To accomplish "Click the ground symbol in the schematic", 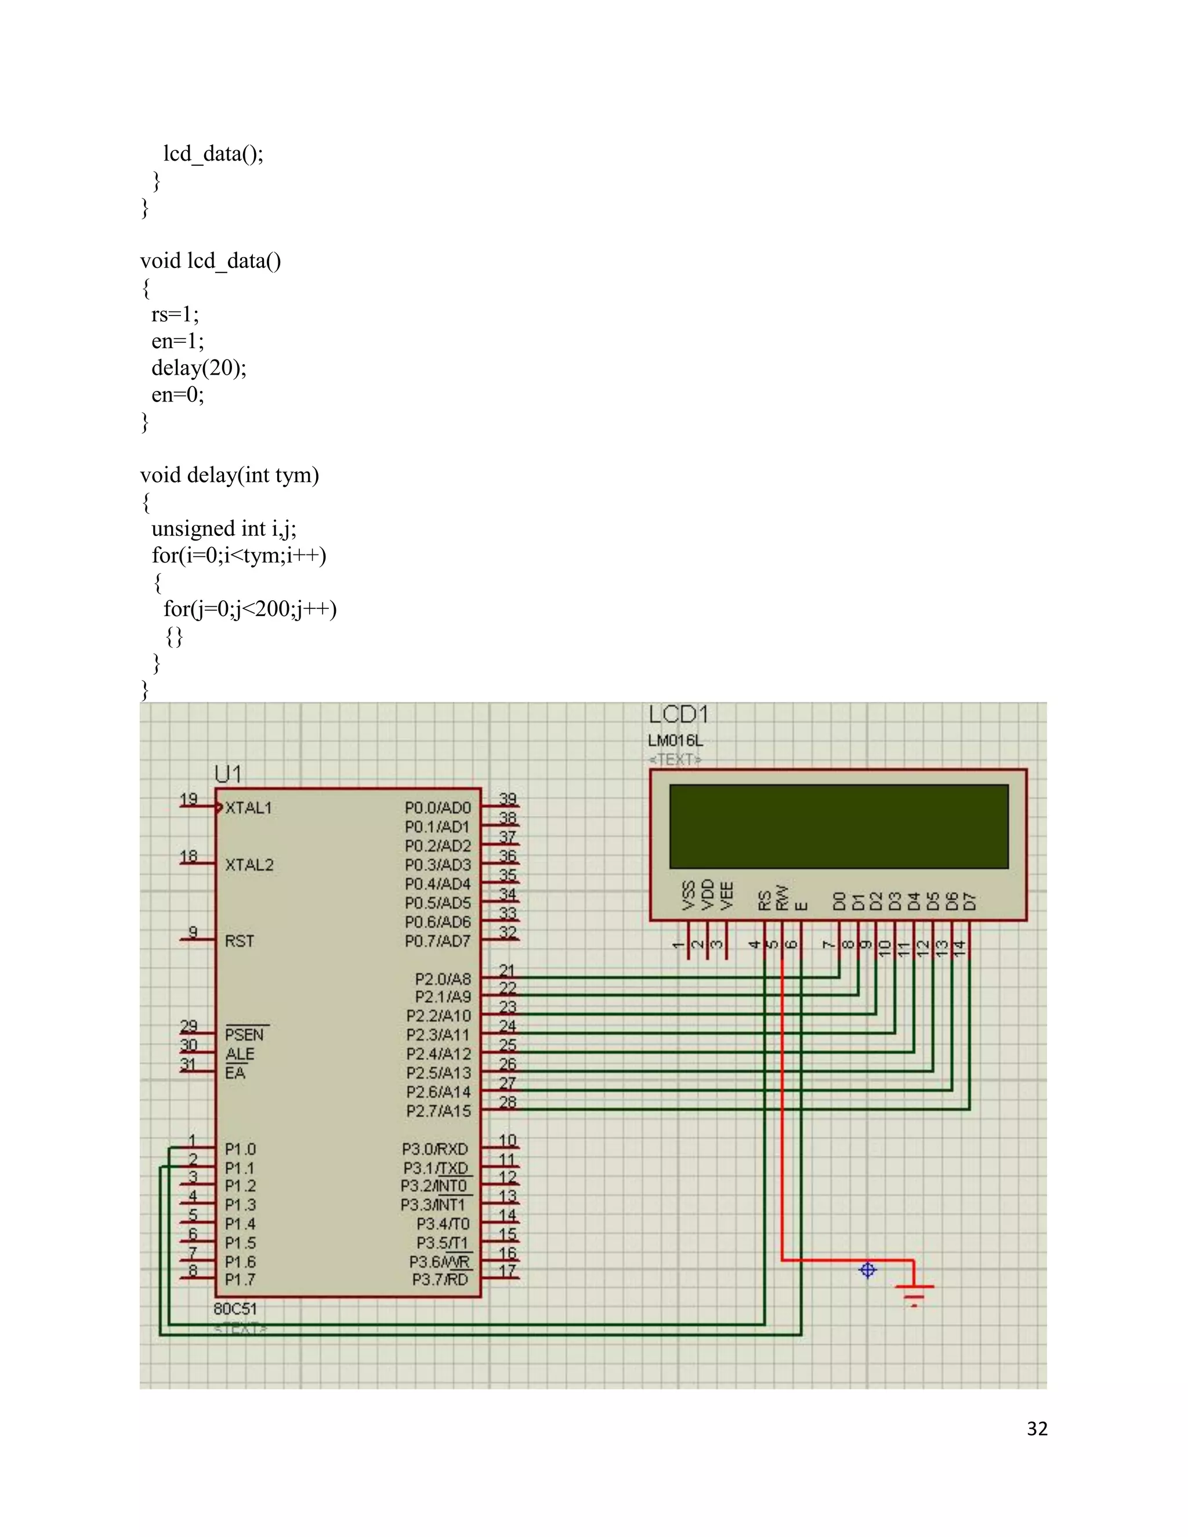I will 914,1292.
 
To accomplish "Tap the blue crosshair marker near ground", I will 868,1270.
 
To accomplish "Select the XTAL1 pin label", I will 248,808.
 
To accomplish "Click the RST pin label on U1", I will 240,941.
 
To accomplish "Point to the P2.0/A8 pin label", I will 442,979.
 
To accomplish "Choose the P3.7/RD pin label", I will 439,1279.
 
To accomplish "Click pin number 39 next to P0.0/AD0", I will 508,799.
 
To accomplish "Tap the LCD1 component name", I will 678,715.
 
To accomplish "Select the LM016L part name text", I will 675,740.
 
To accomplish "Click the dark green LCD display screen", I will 838,826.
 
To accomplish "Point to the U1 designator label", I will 228,774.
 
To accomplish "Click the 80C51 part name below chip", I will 235,1309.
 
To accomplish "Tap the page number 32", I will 1037,1429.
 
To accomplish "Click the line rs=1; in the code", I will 175,314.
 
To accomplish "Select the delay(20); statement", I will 198,367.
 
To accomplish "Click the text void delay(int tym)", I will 230,475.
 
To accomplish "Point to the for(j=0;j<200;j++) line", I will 250,609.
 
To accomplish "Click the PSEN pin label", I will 244,1035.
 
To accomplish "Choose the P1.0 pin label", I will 240,1149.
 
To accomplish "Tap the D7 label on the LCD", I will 970,901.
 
